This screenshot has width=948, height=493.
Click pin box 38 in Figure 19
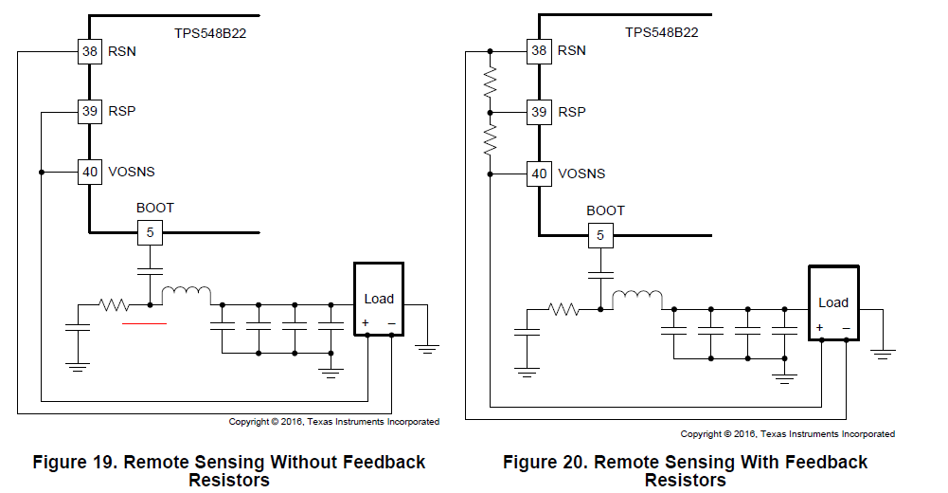89,51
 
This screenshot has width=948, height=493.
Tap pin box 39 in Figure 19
89,112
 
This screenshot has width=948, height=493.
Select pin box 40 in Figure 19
89,173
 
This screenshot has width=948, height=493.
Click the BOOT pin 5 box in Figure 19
150,231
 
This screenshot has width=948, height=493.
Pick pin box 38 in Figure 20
539,51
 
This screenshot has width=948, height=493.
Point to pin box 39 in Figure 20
539,112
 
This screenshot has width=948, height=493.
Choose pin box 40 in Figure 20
539,173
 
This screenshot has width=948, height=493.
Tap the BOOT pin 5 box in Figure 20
599,234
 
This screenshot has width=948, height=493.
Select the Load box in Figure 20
832,302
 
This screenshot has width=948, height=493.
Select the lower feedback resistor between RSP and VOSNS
490,142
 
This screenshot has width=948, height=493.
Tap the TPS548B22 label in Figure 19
210,32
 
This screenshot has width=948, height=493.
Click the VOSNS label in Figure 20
581,174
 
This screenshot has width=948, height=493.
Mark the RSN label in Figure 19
122,51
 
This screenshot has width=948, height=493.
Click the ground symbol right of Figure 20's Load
883,352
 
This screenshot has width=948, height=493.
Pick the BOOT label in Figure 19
155,208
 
